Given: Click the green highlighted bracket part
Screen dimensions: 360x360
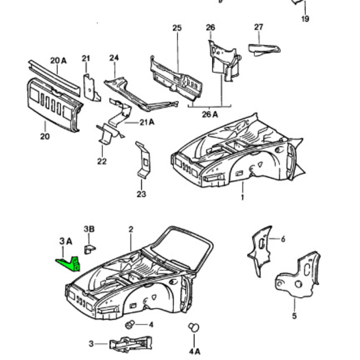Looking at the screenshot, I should click(69, 264).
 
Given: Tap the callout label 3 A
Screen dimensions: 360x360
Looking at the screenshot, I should click(65, 241).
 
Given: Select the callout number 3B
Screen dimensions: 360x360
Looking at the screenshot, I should click(89, 229).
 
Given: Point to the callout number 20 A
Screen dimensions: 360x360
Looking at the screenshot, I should click(58, 61).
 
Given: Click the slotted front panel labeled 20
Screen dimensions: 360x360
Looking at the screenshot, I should click(54, 103).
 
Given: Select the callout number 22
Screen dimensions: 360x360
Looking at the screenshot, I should click(101, 161).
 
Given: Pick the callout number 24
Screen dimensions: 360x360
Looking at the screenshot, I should click(114, 58).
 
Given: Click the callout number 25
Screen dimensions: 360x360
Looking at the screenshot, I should click(177, 28).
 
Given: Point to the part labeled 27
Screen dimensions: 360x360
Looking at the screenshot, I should click(264, 49).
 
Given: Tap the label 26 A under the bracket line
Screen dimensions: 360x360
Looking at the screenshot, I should click(210, 115).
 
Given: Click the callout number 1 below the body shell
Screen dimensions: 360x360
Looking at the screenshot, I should click(242, 198).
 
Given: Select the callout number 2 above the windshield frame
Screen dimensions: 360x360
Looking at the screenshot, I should click(131, 229).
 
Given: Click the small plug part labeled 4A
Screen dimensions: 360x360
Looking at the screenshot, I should click(194, 327).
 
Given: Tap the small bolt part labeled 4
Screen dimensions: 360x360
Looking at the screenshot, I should click(129, 325).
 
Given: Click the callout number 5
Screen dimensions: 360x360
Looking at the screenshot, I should click(294, 316).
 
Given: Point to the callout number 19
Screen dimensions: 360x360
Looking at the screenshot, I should click(305, 18).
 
